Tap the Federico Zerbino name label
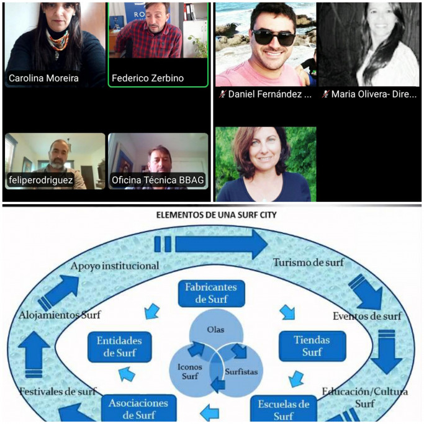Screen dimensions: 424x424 pos(148,79)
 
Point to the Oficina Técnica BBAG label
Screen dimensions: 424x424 pos(158,180)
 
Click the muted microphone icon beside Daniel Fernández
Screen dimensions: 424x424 pos(222,94)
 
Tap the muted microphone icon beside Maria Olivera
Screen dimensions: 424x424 pos(325,94)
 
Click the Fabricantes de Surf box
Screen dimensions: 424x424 pos(211,294)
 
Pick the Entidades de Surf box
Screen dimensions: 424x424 pos(119,347)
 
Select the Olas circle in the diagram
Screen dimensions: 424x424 pos(215,330)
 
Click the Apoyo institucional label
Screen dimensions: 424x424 pos(114,266)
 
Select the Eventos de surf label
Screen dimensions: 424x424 pos(366,316)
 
